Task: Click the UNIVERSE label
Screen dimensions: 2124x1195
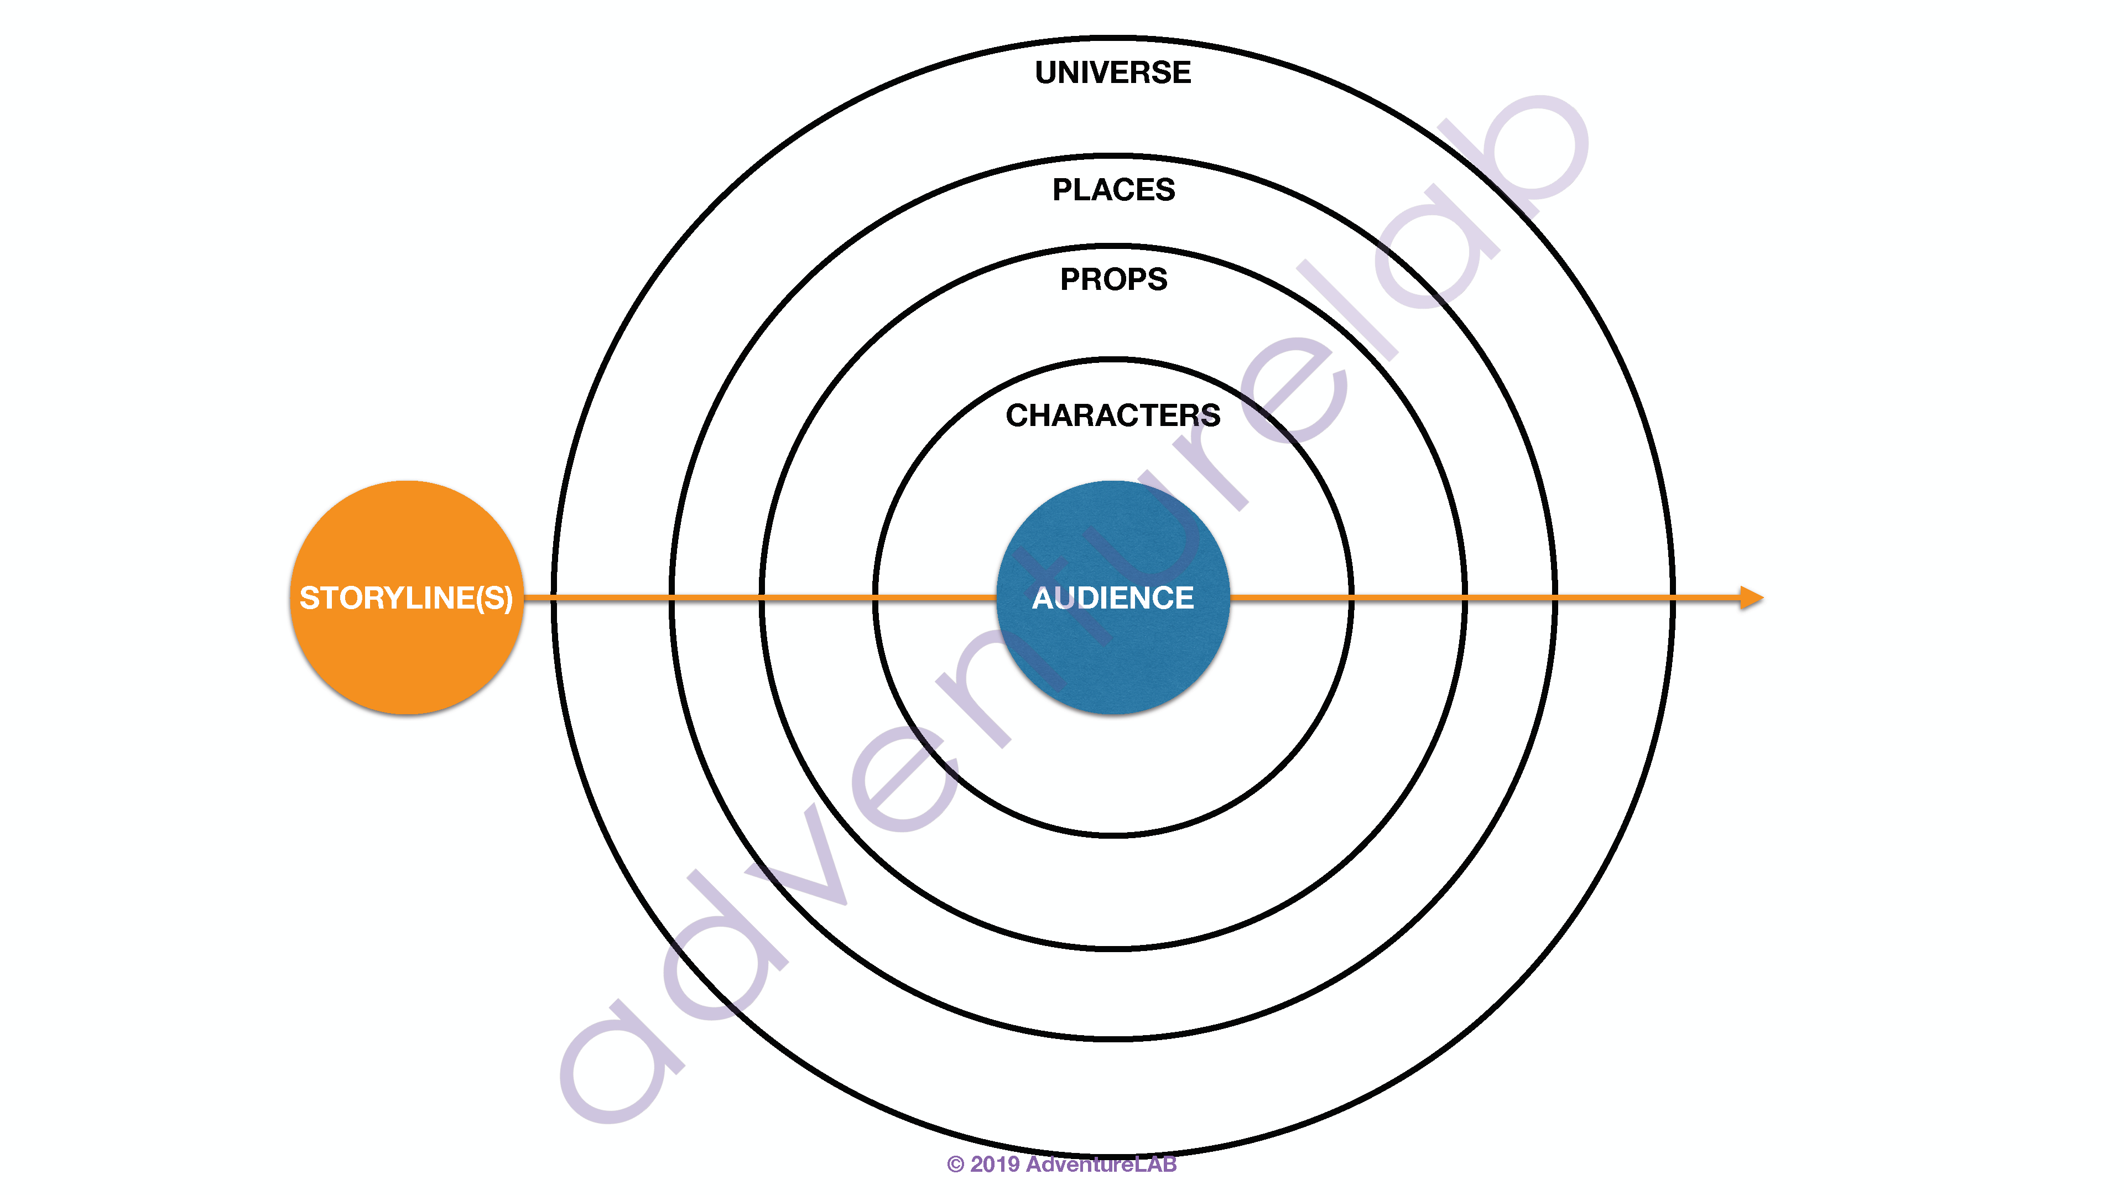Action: coord(1112,72)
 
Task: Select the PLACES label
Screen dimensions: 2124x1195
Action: coord(1113,190)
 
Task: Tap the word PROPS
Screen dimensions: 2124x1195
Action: coord(1113,279)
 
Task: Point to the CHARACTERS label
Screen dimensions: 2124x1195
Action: coord(1112,415)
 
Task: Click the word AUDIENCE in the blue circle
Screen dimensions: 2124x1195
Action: coord(1112,598)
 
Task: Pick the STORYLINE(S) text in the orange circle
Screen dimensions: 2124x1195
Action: coord(405,598)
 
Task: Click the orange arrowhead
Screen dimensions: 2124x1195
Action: coord(1751,598)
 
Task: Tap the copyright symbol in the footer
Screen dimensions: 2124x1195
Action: coord(955,1165)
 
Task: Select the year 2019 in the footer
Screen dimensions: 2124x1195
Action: coord(995,1165)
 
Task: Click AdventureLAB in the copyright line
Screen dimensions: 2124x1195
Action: coord(1101,1165)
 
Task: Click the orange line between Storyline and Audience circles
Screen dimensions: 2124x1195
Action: coord(760,597)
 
